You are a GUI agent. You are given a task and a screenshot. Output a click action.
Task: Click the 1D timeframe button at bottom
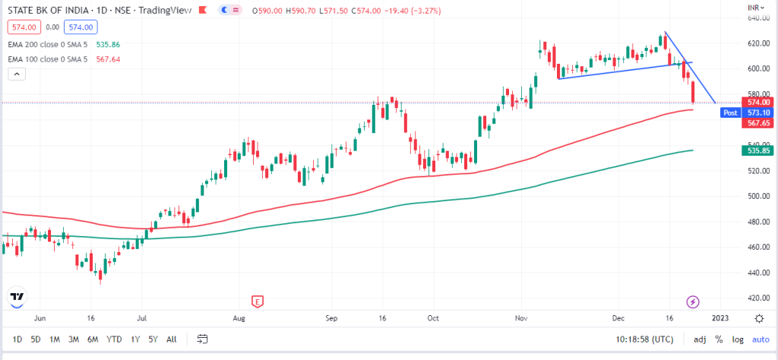coord(17,339)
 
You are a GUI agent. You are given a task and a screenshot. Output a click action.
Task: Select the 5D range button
coord(35,339)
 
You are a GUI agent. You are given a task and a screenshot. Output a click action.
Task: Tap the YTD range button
coord(114,339)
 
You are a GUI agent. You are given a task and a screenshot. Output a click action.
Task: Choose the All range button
coord(172,339)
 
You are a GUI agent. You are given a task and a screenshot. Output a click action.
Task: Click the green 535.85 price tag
coord(757,151)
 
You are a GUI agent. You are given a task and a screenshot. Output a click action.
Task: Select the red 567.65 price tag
coord(757,123)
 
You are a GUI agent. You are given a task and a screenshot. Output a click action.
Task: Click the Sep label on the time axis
coord(330,318)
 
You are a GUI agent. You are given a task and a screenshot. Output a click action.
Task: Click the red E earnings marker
coord(258,302)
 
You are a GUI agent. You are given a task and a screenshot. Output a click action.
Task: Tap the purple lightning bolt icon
coord(693,302)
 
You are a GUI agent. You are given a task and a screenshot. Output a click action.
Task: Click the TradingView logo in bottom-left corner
coord(17,297)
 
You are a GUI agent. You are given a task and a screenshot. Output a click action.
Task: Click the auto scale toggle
coord(761,339)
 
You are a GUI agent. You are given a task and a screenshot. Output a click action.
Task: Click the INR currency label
coord(754,7)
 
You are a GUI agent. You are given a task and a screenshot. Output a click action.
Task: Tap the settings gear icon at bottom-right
coord(759,318)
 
